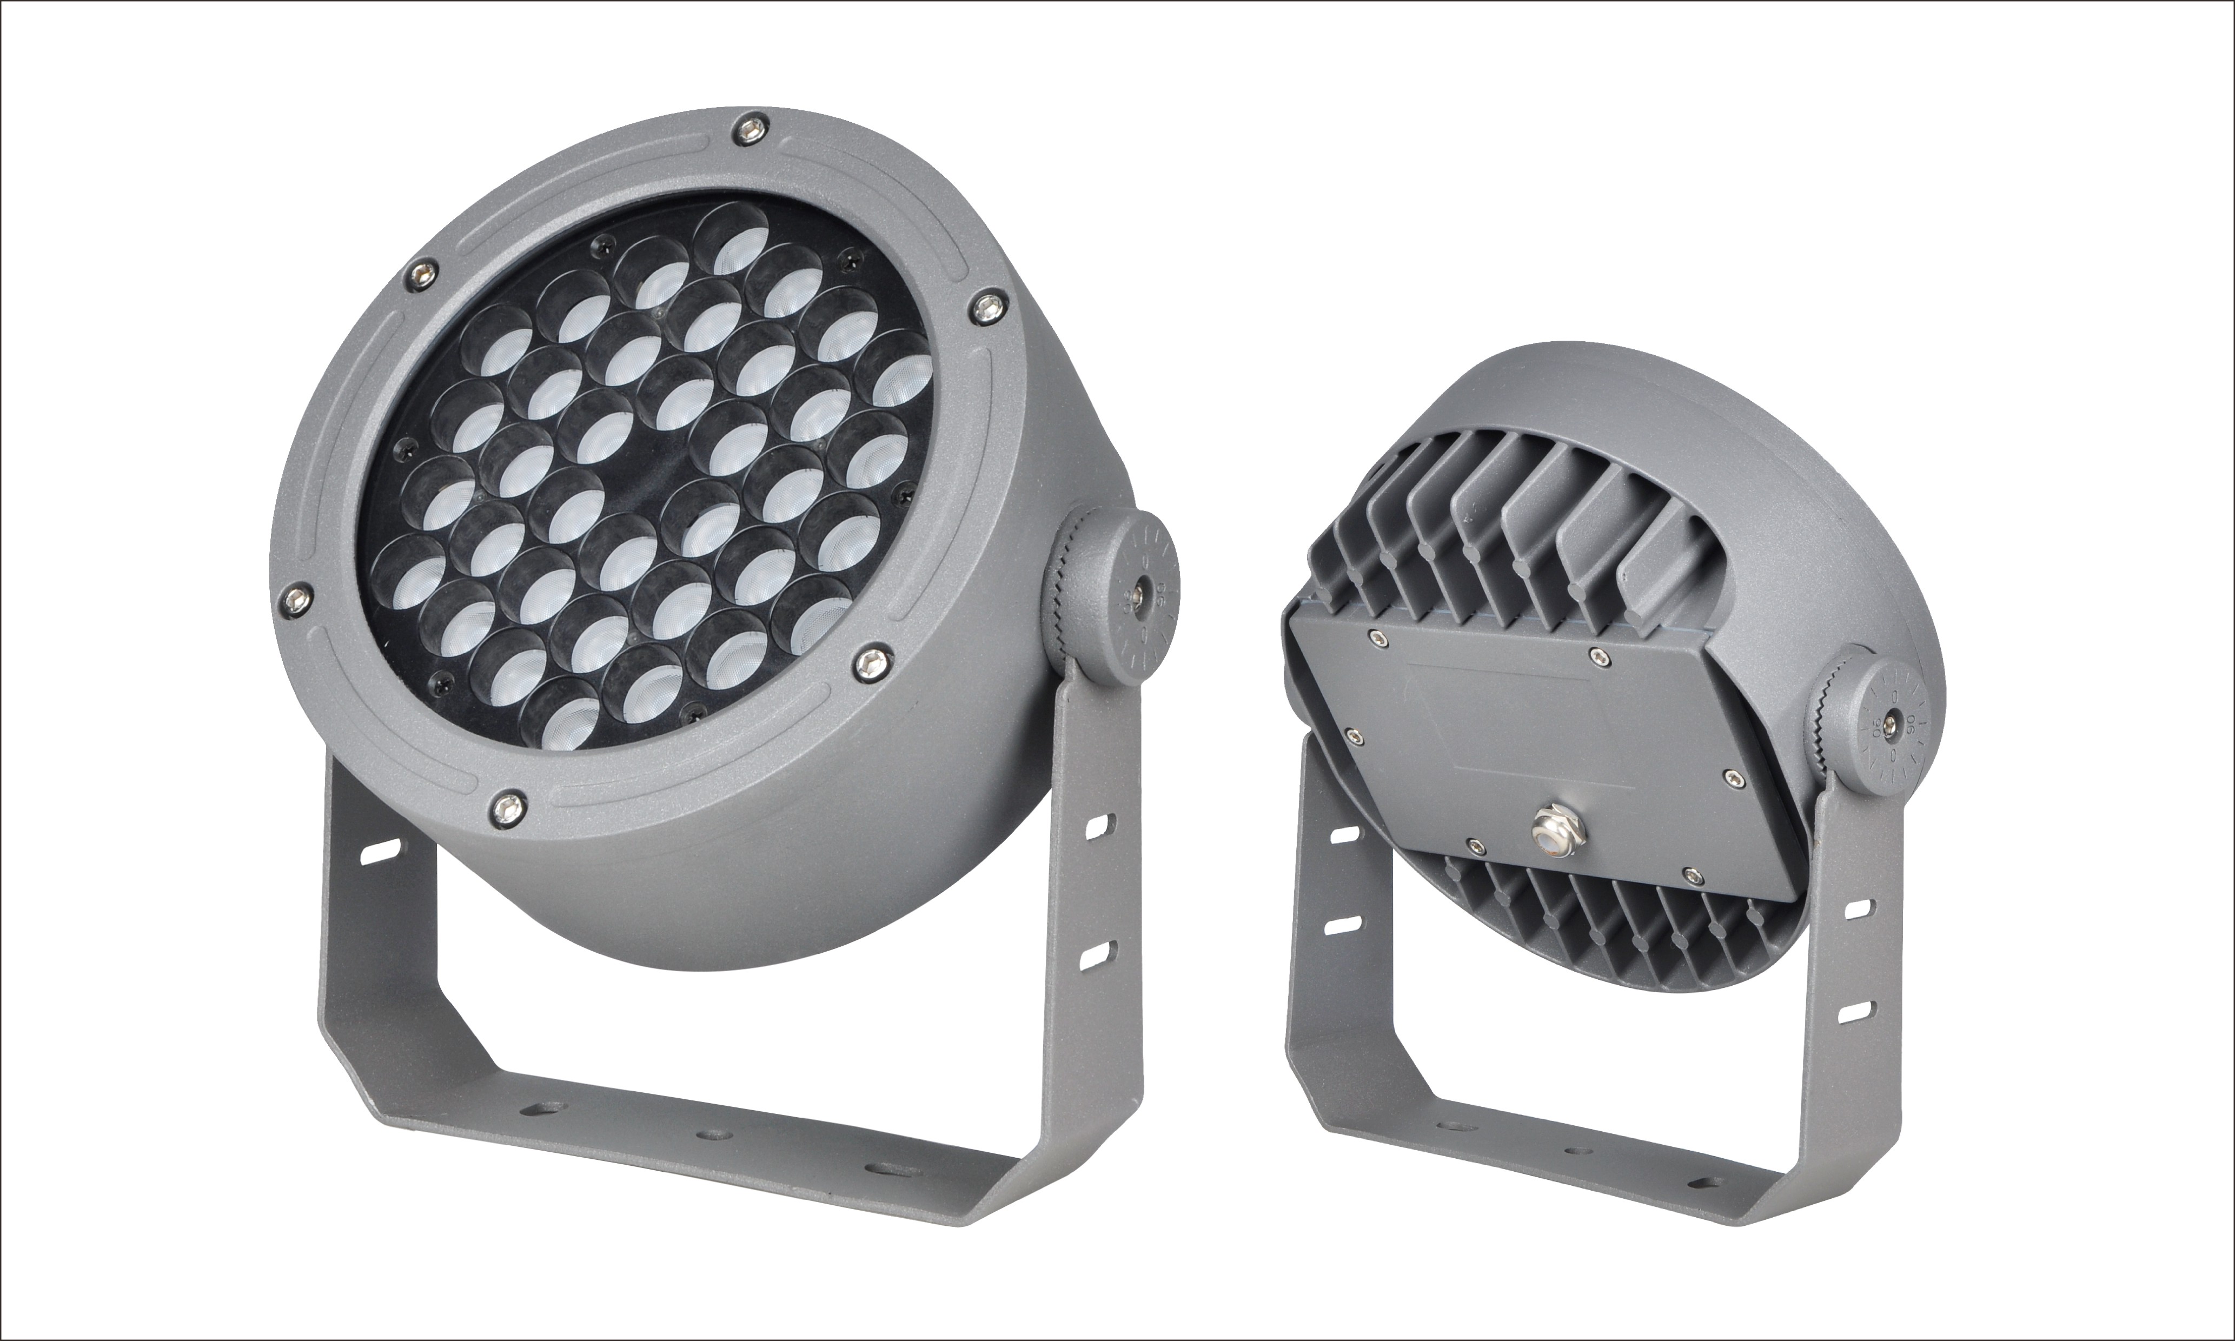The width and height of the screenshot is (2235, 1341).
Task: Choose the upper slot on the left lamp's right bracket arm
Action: pos(1104,823)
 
